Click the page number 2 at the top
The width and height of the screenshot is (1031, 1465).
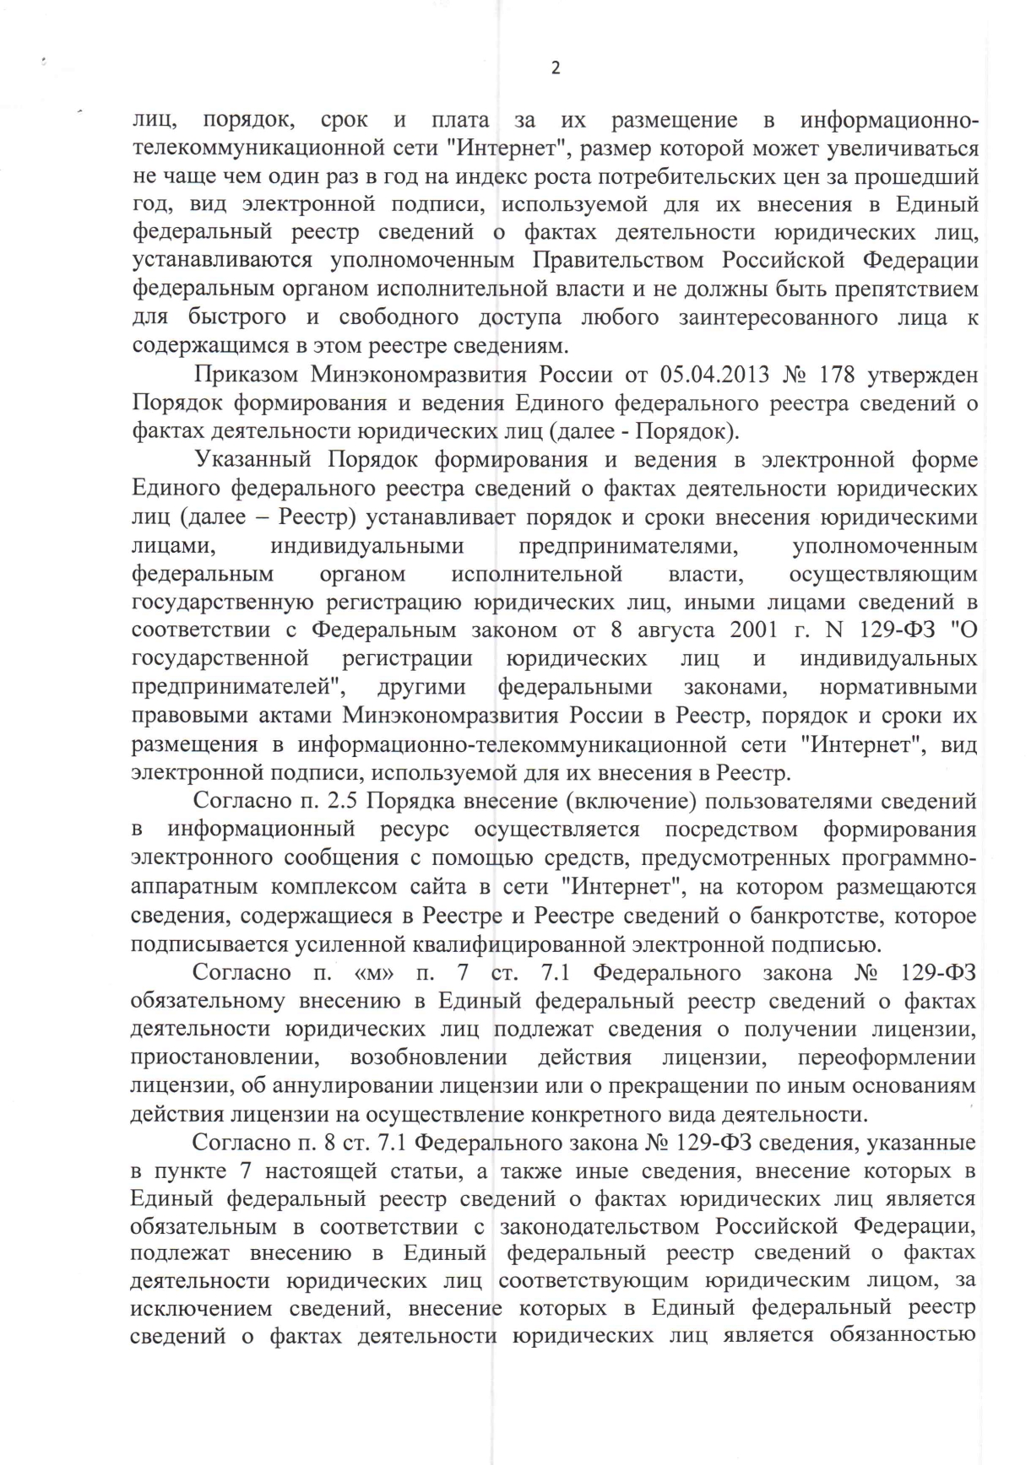tap(555, 69)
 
